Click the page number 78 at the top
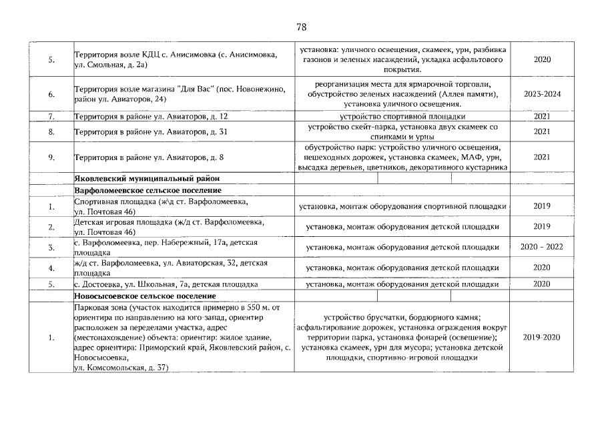pyautogui.click(x=301, y=27)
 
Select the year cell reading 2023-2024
pyautogui.click(x=542, y=94)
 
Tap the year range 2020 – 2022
pyautogui.click(x=542, y=248)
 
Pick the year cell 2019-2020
pyautogui.click(x=542, y=338)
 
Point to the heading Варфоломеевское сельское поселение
pyautogui.click(x=149, y=191)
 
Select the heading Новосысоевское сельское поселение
pyautogui.click(x=145, y=296)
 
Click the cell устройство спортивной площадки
pyautogui.click(x=402, y=117)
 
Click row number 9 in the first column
pyautogui.click(x=51, y=157)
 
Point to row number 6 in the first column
pyautogui.click(x=51, y=94)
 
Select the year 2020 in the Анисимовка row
pyautogui.click(x=542, y=59)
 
